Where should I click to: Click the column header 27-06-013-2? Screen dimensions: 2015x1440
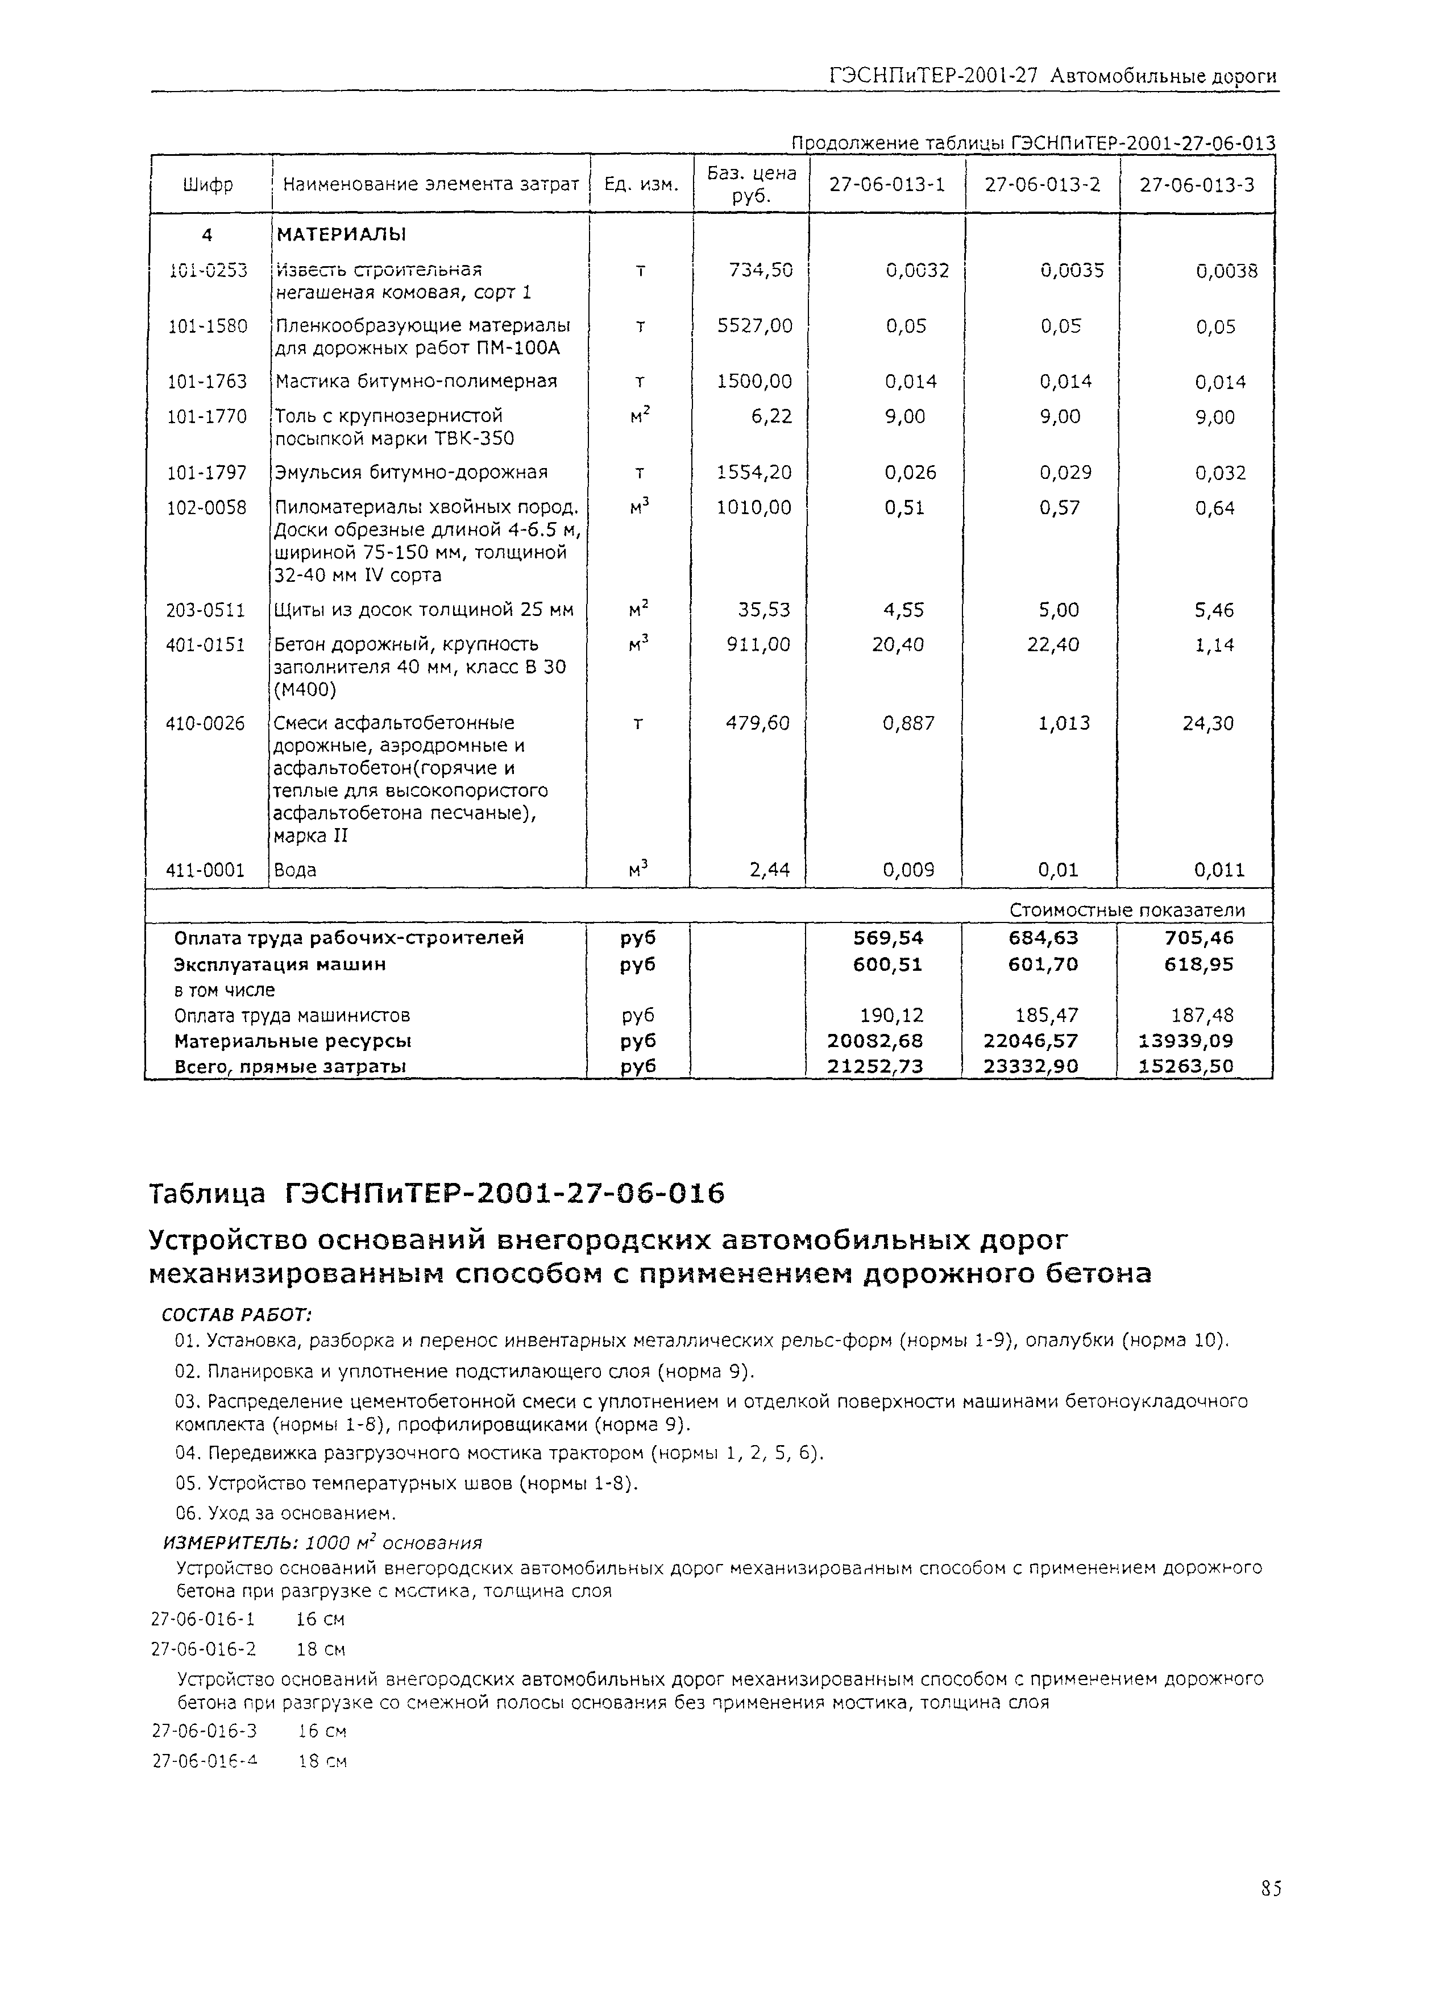coord(1042,184)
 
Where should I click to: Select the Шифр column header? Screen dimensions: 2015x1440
coord(209,184)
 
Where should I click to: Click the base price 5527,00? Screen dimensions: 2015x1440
coord(754,325)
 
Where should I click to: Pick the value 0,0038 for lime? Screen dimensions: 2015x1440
coord(1226,271)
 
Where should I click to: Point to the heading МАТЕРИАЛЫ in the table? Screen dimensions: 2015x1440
coord(341,235)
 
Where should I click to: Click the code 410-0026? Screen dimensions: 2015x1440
coord(205,723)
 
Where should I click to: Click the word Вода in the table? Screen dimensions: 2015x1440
coord(295,870)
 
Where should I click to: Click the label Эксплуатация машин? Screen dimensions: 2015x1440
coord(280,964)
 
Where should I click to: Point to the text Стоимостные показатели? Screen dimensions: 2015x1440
coord(1126,910)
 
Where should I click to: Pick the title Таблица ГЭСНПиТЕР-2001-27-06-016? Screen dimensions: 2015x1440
coord(436,1194)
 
